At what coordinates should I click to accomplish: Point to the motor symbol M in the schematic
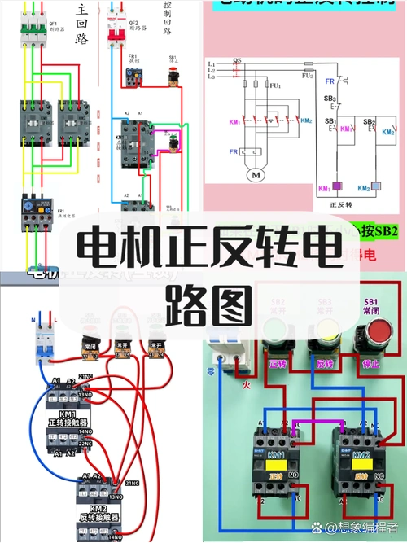point(256,175)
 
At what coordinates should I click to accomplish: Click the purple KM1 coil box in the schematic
point(324,186)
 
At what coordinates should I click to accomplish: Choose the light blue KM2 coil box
point(375,186)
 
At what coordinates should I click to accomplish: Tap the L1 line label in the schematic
point(212,63)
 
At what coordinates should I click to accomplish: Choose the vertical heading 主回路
point(81,24)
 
